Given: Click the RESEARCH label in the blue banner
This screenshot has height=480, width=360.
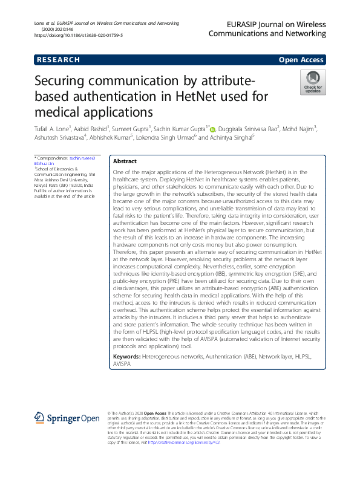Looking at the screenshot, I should (x=58, y=60).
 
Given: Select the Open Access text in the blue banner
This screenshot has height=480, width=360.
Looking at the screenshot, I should (x=301, y=60).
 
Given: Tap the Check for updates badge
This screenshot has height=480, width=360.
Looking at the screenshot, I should (x=313, y=82).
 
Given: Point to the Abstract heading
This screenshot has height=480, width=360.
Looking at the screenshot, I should (x=125, y=161).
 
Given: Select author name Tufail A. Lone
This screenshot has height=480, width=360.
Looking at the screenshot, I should (x=53, y=128).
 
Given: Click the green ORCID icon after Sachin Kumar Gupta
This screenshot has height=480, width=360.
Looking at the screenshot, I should (x=212, y=128).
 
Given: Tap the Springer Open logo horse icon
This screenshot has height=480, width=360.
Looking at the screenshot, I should (x=39, y=418).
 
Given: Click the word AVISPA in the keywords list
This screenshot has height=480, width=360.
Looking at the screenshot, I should (x=122, y=365).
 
